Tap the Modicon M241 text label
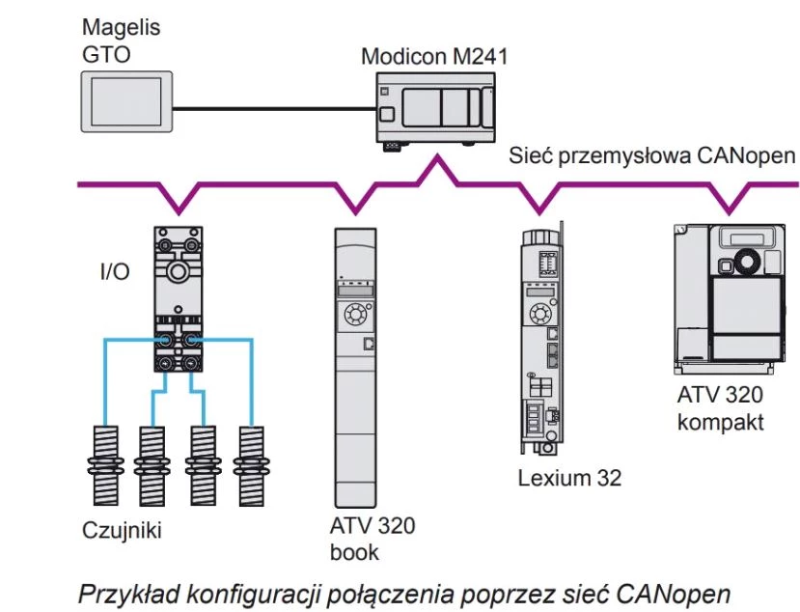point(433,56)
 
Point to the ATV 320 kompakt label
point(721,409)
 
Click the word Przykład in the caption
point(125,591)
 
